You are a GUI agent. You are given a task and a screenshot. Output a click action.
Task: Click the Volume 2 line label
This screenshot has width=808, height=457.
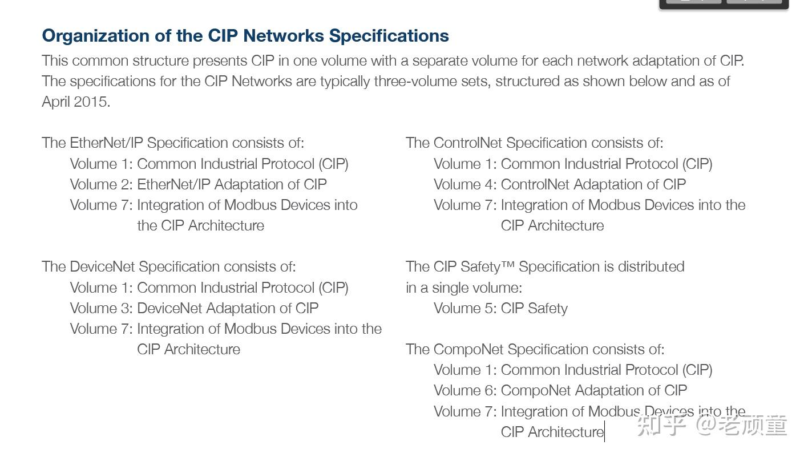(101, 185)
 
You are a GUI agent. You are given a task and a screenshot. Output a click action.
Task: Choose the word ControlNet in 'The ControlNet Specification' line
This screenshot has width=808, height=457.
(467, 143)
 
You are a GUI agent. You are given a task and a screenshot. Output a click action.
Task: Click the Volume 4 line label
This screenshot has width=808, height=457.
(464, 185)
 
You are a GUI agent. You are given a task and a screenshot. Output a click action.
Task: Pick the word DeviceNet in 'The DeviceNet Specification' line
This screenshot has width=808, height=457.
(102, 267)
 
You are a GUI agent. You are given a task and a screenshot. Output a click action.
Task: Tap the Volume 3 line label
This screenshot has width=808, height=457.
(101, 309)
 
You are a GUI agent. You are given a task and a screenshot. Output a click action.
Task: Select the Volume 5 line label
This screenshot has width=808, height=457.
(464, 309)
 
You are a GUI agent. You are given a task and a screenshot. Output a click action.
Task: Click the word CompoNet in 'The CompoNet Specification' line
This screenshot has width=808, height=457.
(468, 350)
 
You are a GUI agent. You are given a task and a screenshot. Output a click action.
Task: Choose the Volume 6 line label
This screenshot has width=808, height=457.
(464, 391)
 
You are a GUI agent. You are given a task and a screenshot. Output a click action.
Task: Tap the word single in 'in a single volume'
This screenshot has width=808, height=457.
(451, 288)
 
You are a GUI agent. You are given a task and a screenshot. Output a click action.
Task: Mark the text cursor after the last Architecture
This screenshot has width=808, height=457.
(604, 432)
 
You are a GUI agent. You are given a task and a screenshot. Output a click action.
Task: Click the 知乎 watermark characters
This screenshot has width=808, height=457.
(661, 426)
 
